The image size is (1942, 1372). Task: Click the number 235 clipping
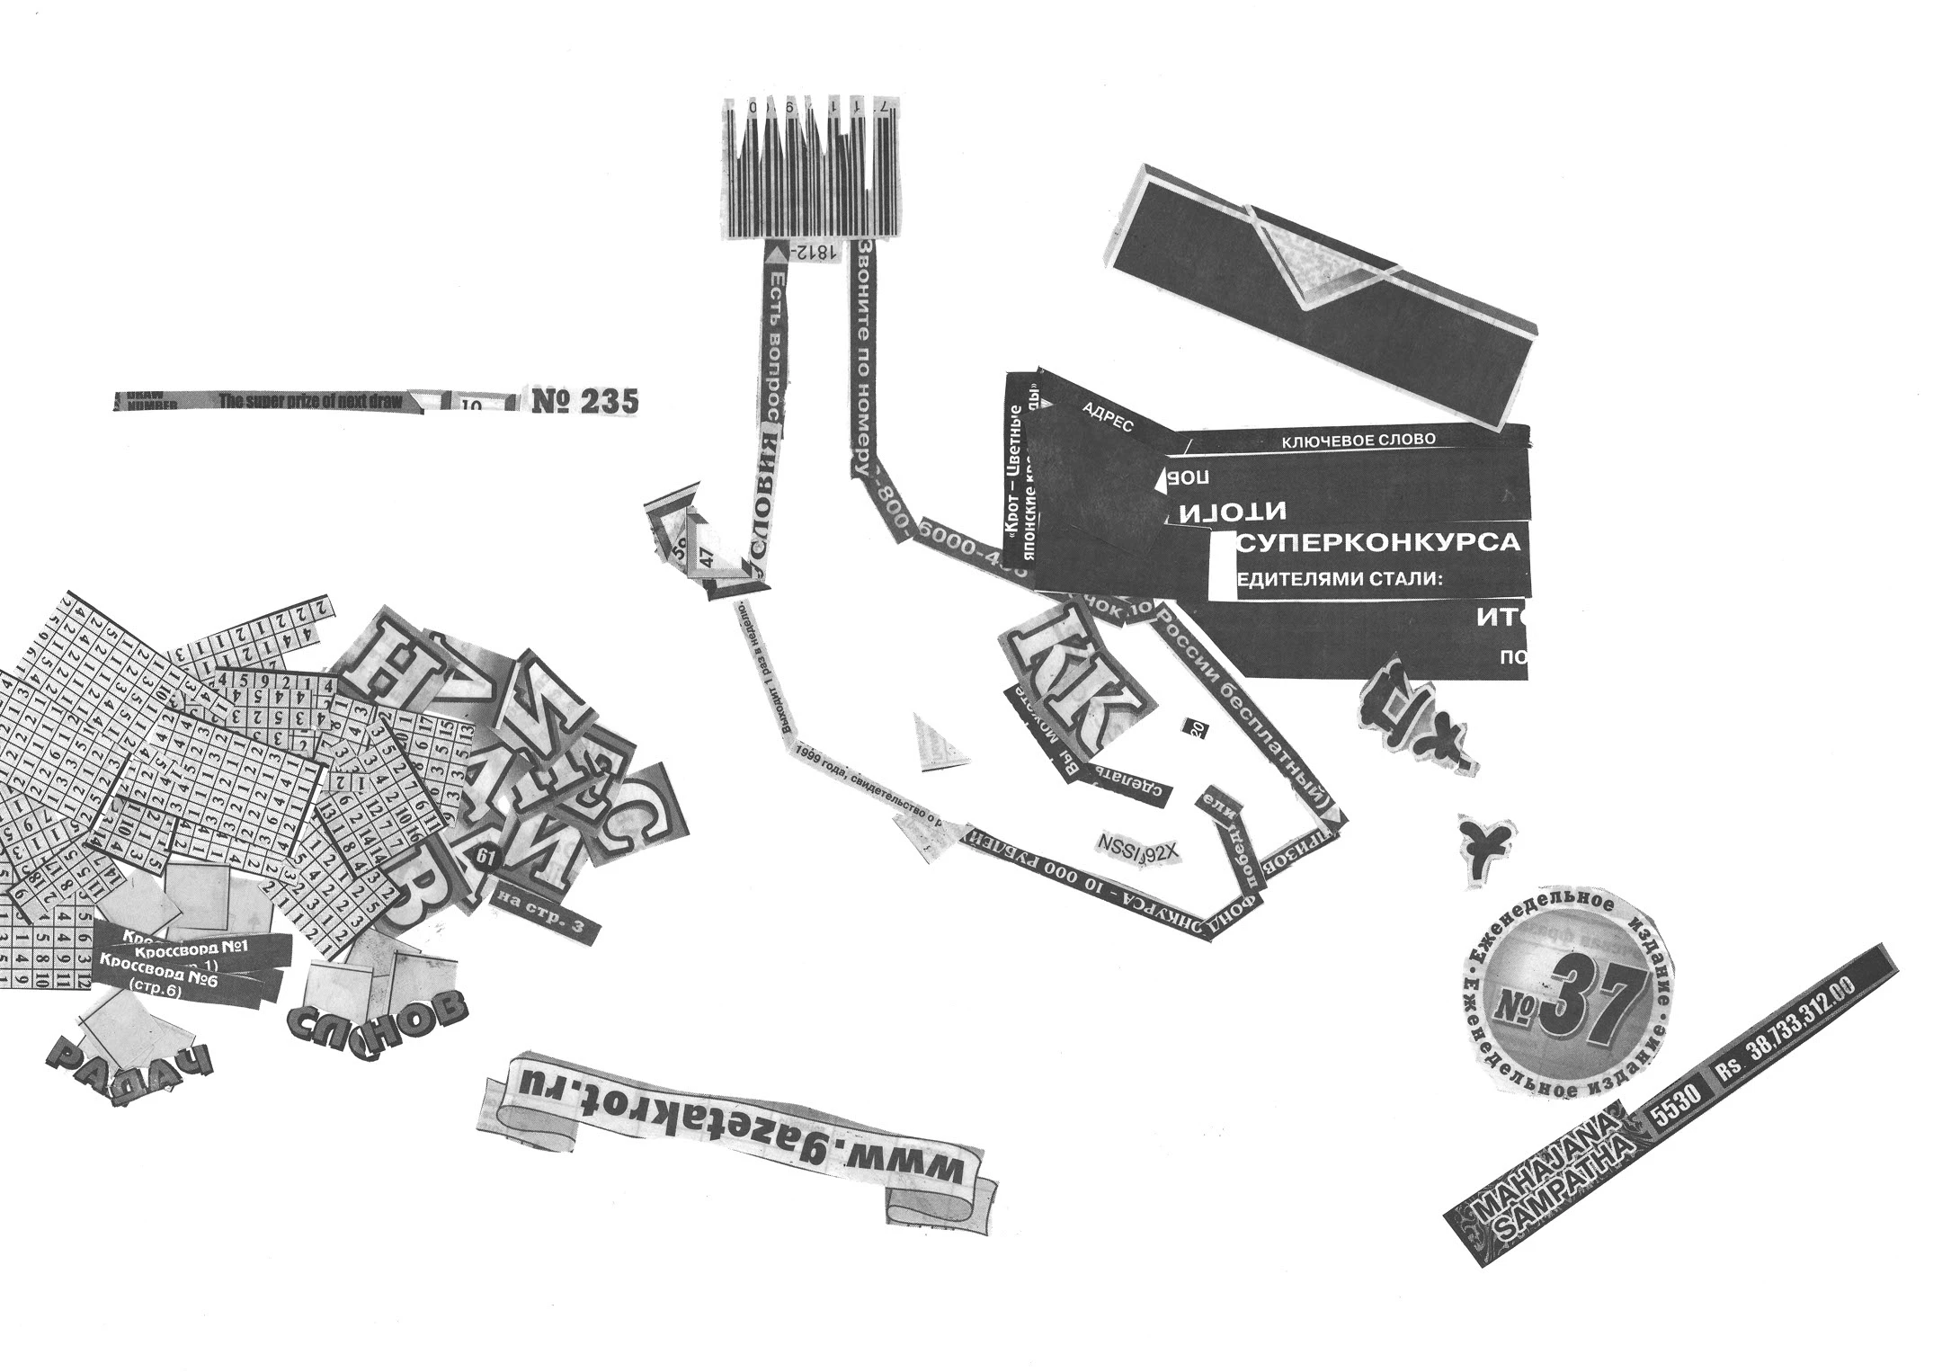point(585,401)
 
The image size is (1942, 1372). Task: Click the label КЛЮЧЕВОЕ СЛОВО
point(1358,441)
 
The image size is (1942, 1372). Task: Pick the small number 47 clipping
point(708,556)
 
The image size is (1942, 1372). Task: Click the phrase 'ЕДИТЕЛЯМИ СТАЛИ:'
point(1341,579)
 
